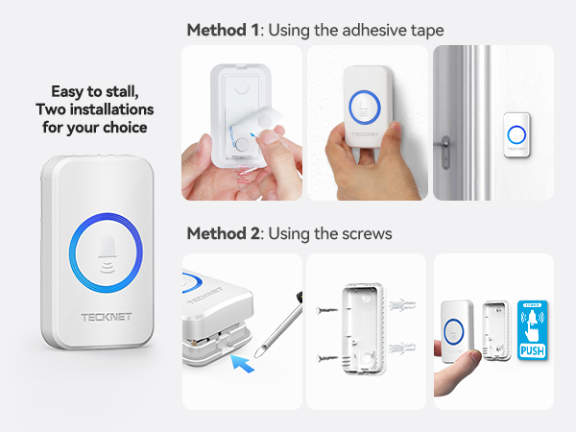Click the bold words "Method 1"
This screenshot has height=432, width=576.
tap(223, 31)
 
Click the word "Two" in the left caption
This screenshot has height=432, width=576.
tap(60, 108)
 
